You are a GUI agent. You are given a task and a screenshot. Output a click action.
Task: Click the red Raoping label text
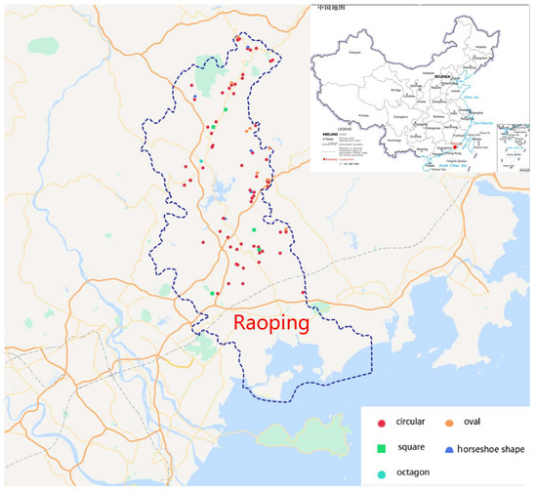[268, 321]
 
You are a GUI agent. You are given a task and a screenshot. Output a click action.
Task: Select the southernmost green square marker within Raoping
[212, 292]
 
